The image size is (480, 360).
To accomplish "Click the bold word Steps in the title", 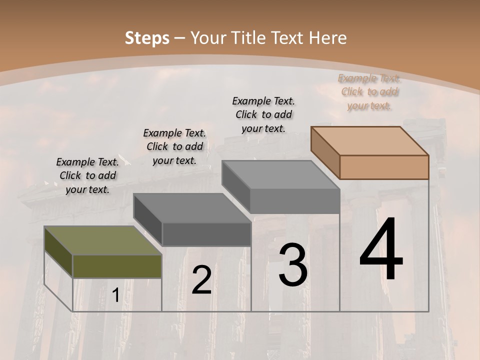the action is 147,38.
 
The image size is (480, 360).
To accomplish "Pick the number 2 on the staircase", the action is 201,280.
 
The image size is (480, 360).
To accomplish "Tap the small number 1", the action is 115,295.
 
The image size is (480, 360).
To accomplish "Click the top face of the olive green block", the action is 102,240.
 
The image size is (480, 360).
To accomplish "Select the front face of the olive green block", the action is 117,266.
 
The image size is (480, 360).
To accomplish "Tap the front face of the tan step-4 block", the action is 384,167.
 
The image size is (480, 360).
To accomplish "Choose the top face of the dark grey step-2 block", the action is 192,207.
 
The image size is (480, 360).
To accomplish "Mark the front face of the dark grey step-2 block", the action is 206,234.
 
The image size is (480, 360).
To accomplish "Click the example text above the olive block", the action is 87,175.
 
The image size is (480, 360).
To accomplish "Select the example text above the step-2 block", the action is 174,146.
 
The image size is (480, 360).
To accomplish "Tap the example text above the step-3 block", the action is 263,114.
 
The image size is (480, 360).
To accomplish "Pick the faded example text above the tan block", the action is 369,91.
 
